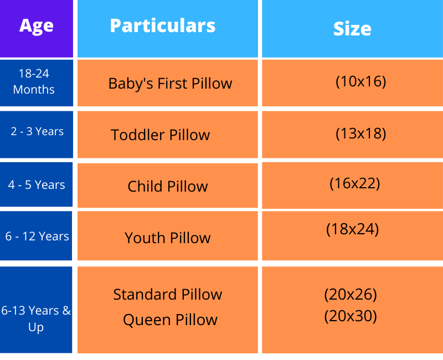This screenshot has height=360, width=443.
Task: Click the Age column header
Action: (36, 26)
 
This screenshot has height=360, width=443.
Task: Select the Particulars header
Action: (163, 25)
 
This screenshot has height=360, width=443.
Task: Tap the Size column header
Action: (352, 29)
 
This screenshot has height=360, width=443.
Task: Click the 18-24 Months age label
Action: (34, 81)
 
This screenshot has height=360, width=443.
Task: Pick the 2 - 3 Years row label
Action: (37, 131)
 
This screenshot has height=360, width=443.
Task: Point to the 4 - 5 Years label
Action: (37, 185)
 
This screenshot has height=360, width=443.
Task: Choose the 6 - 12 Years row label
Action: (37, 236)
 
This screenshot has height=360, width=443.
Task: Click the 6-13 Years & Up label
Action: (36, 319)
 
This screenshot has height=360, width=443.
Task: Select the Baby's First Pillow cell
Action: (170, 84)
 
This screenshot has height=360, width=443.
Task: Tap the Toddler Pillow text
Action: (160, 135)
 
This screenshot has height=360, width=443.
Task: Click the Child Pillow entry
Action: (168, 187)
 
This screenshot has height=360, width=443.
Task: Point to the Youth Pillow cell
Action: (168, 238)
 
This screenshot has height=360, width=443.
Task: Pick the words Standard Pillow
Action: (168, 295)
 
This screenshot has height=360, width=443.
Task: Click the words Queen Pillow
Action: (170, 320)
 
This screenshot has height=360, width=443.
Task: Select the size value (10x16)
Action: (361, 81)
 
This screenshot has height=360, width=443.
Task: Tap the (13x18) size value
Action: (361, 133)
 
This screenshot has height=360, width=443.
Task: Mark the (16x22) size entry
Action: (354, 184)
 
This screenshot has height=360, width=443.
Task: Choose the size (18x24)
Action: (352, 229)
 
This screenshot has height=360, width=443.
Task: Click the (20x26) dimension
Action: (351, 295)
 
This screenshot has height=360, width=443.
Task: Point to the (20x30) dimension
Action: (351, 316)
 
